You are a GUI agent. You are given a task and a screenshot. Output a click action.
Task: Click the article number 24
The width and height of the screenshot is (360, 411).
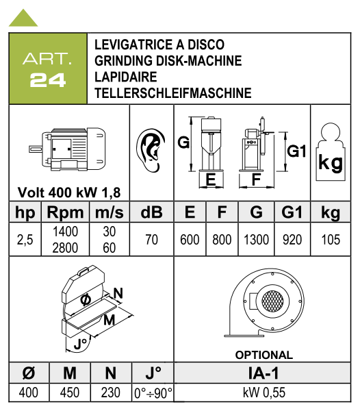(48, 80)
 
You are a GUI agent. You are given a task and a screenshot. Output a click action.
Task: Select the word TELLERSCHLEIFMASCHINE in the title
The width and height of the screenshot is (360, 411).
(172, 93)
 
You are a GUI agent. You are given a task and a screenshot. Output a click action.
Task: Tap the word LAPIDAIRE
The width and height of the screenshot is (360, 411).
(126, 77)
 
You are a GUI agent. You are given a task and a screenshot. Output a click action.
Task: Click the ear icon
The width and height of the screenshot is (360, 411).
(151, 151)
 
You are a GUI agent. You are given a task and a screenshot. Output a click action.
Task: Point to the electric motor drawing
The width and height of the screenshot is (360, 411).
(67, 149)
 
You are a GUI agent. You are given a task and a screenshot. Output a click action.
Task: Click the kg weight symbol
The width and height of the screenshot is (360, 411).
(331, 152)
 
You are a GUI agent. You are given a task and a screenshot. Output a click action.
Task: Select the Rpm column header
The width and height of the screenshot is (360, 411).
(65, 212)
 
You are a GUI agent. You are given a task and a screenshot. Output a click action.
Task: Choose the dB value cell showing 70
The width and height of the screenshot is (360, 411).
(151, 240)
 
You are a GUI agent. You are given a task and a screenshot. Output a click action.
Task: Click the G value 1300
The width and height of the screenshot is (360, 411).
(256, 240)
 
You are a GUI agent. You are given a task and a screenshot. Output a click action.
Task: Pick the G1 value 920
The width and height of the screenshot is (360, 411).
(292, 240)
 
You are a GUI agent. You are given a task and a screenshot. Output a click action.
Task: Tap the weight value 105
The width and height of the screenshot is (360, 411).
(331, 240)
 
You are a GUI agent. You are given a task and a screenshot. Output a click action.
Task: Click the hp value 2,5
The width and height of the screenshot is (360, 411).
(25, 240)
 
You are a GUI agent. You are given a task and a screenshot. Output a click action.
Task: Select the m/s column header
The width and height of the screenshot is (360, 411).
(110, 212)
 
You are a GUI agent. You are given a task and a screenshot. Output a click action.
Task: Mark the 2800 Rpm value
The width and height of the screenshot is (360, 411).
(65, 248)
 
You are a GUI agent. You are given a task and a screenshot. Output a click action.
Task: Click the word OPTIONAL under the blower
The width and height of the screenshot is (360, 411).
(264, 355)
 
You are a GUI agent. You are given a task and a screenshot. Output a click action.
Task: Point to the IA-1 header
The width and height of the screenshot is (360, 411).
(263, 373)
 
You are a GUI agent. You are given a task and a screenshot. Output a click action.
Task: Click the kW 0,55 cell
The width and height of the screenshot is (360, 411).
(264, 393)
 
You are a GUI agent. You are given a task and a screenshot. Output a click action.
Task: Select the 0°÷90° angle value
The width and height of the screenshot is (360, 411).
(153, 393)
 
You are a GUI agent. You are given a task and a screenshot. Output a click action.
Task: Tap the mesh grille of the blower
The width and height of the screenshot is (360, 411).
(272, 301)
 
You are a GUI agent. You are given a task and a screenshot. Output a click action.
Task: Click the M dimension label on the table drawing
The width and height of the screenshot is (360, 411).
(110, 320)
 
